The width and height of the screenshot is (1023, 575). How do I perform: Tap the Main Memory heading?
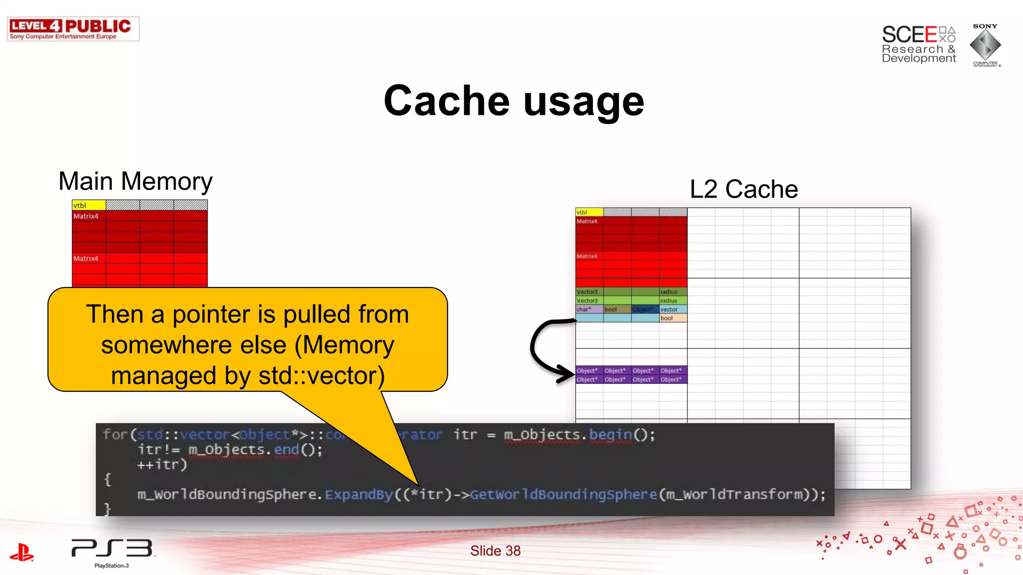pyautogui.click(x=135, y=181)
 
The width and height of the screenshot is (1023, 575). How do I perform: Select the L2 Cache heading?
pyautogui.click(x=743, y=189)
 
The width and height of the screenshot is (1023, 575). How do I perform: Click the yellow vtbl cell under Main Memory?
pyautogui.click(x=88, y=205)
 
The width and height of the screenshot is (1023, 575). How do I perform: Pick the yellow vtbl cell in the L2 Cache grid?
pyautogui.click(x=589, y=212)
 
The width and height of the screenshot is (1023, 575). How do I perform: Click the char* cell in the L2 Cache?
pyautogui.click(x=589, y=309)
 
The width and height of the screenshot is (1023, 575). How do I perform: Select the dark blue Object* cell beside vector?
pyautogui.click(x=645, y=309)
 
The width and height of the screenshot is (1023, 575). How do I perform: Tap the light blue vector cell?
pyautogui.click(x=673, y=309)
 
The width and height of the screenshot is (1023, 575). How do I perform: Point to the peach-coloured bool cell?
pyautogui.click(x=673, y=318)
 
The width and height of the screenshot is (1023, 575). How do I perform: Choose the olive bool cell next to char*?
pyautogui.click(x=617, y=309)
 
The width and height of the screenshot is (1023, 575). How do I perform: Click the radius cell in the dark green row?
pyautogui.click(x=673, y=292)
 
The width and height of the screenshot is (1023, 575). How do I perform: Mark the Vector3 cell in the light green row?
pyautogui.click(x=589, y=300)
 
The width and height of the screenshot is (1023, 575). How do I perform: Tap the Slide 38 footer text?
pyautogui.click(x=495, y=551)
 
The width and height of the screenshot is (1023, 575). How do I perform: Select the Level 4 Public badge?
pyautogui.click(x=73, y=29)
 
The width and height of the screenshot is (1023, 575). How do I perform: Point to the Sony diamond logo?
pyautogui.click(x=985, y=45)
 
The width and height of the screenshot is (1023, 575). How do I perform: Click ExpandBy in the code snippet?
pyautogui.click(x=359, y=495)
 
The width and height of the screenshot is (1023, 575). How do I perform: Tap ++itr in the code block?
pyautogui.click(x=161, y=465)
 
